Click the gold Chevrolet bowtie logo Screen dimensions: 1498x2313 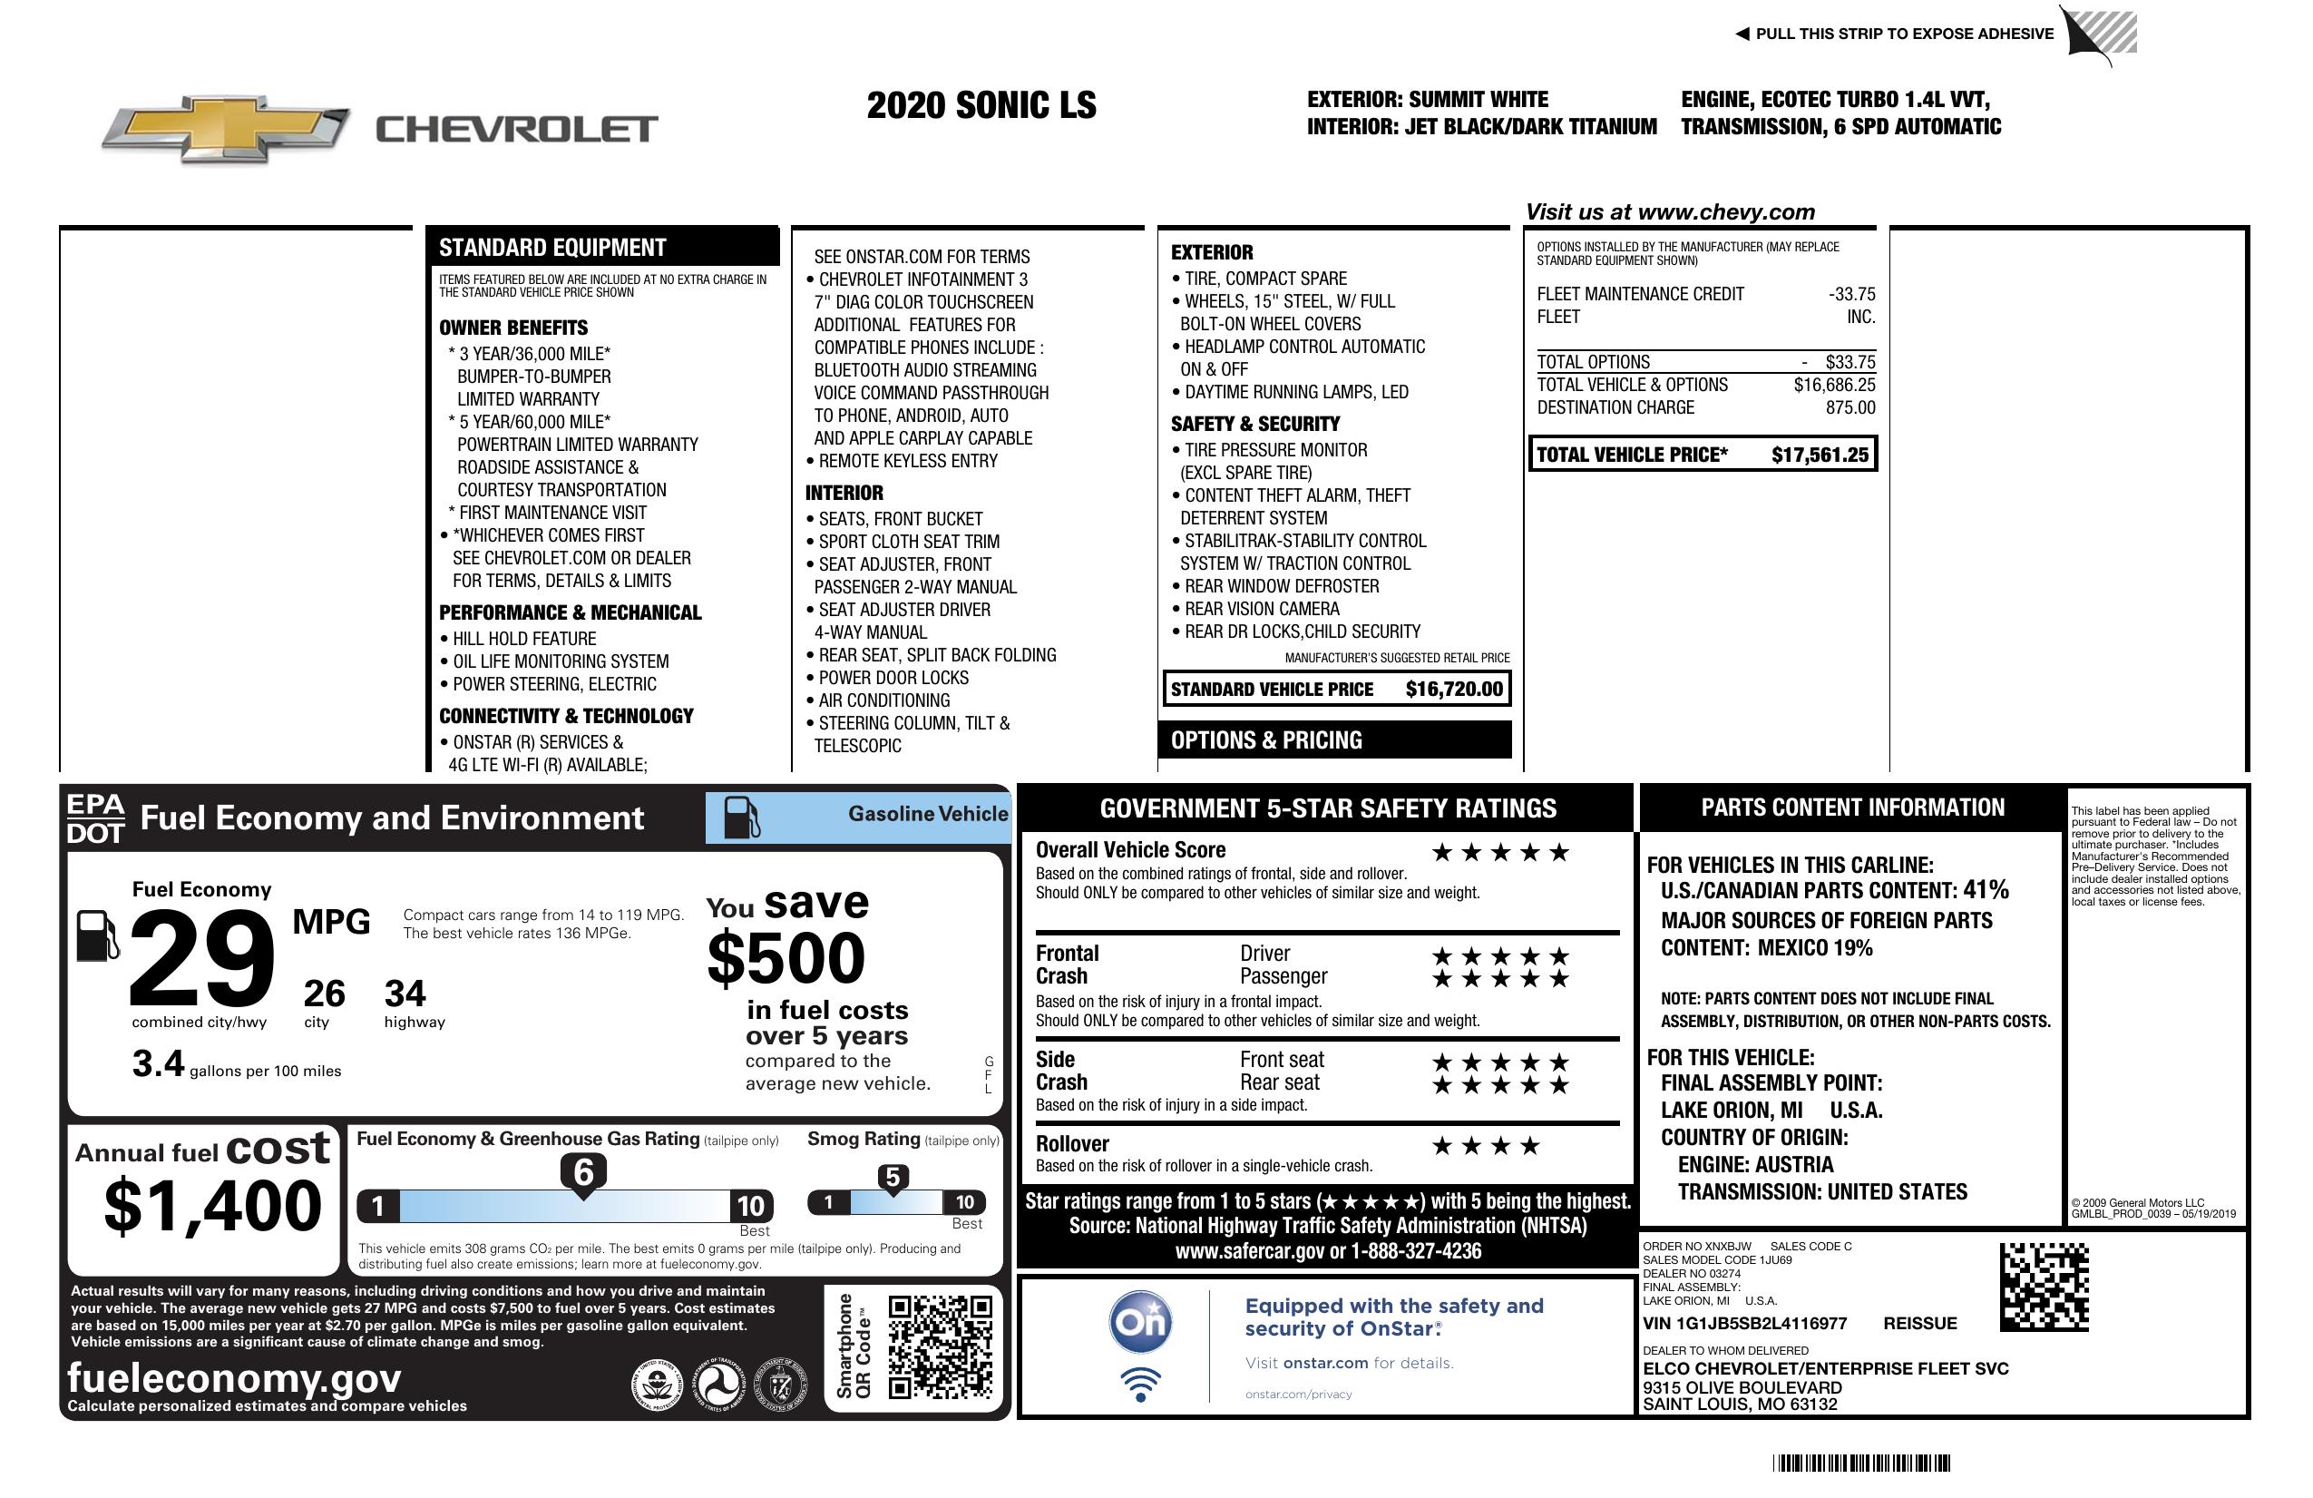pos(226,129)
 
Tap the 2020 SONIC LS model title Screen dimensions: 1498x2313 pos(981,105)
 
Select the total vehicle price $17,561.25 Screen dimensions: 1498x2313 pos(1820,455)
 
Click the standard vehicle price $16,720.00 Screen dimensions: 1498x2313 pos(1454,690)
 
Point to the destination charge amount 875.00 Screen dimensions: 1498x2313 pos(1849,407)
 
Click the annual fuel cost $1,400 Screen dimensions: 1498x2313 pos(213,1206)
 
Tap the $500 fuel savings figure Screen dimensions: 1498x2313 pos(786,958)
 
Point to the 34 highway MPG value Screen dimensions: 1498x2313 pos(405,994)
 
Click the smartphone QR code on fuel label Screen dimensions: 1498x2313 pos(940,1346)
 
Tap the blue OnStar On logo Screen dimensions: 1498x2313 pos(1141,1322)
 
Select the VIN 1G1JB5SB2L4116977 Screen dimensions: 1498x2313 pos(1744,1323)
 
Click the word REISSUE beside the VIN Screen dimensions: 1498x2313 pos(1919,1323)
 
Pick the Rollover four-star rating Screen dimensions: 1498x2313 pos(1486,1146)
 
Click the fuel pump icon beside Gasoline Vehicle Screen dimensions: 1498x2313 pos(742,817)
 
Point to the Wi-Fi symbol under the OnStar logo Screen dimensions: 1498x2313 pos(1141,1384)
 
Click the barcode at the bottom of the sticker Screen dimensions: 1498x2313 pos(1860,1463)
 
